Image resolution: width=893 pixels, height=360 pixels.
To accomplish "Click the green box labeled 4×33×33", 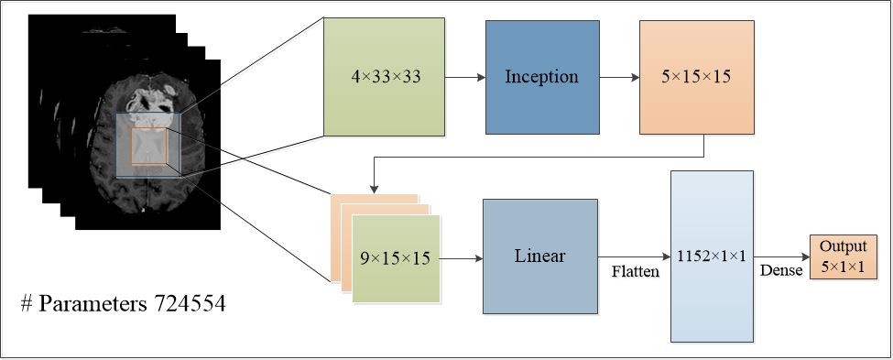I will coord(385,76).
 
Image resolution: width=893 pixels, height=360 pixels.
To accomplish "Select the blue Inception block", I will coord(541,76).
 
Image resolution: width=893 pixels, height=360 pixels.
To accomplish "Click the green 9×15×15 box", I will coord(396,259).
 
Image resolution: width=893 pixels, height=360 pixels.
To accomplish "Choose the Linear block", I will coord(540,256).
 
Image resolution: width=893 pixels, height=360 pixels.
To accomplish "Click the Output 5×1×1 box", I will coord(843,256).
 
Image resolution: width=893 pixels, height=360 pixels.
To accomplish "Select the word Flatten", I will coord(635,272).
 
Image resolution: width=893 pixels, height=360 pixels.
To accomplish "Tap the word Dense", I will coord(779,271).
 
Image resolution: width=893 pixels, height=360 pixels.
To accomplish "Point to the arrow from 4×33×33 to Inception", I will coord(464,77).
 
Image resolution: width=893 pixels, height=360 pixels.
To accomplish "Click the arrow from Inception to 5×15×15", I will coord(619,77).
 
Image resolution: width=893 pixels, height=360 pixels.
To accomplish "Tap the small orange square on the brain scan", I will coord(148,147).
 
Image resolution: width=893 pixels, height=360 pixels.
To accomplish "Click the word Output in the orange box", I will coord(843,247).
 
